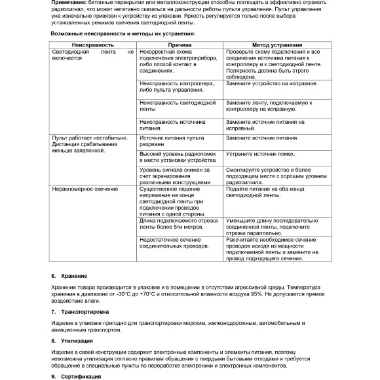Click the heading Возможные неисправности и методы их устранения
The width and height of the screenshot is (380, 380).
point(123,32)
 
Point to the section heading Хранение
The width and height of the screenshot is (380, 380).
point(74,276)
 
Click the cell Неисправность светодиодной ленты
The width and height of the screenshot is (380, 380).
point(177,105)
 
